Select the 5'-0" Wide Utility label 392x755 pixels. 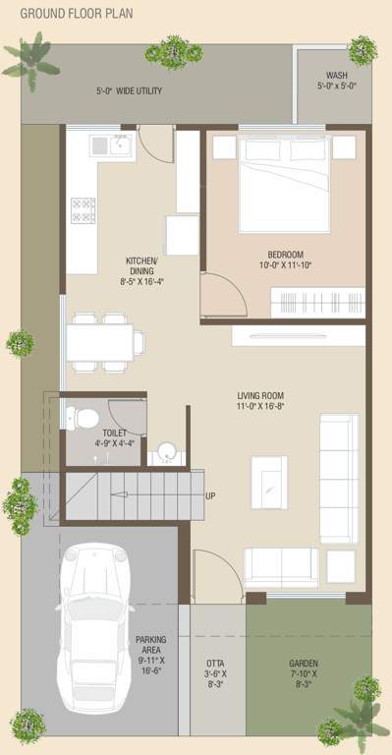pyautogui.click(x=129, y=91)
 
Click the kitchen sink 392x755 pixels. pyautogui.click(x=111, y=145)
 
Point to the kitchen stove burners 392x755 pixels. pyautogui.click(x=83, y=208)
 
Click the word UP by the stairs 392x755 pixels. pyautogui.click(x=210, y=495)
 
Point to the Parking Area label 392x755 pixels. pyautogui.click(x=151, y=654)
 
